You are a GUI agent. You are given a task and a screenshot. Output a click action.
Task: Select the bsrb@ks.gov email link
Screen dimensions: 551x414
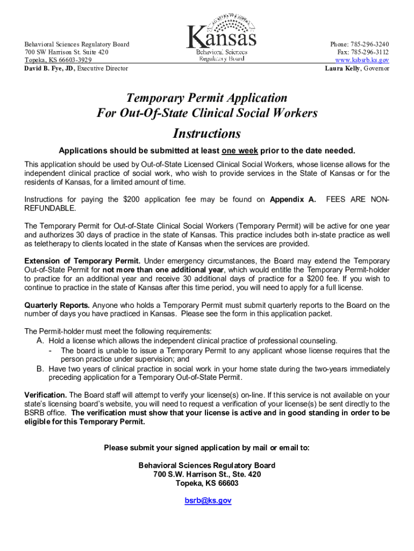click(208, 500)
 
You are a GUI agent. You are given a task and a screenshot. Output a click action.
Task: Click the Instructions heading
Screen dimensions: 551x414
click(206, 133)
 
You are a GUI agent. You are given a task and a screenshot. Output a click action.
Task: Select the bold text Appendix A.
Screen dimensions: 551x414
click(292, 200)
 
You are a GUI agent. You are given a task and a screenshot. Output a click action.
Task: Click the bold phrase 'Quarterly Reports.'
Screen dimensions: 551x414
click(53, 305)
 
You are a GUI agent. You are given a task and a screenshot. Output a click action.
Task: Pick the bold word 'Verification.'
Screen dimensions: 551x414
click(46, 394)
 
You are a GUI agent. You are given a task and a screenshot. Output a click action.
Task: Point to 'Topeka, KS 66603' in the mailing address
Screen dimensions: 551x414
click(207, 483)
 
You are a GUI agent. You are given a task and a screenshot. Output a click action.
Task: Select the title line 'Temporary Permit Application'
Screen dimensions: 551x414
click(206, 98)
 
